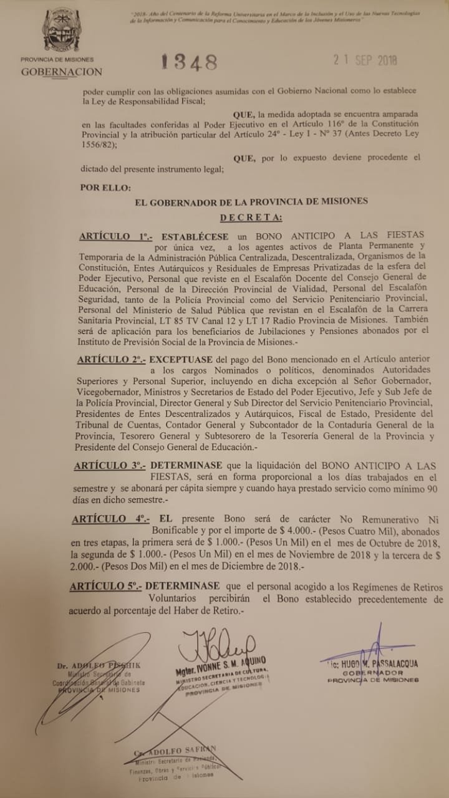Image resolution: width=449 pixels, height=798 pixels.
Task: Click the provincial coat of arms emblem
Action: (61, 29)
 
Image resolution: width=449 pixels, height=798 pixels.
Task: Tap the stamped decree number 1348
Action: (189, 62)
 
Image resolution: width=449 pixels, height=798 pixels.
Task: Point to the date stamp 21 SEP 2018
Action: (364, 60)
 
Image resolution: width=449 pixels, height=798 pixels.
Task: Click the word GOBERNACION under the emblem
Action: (61, 72)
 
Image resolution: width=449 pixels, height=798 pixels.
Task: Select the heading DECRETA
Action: (251, 217)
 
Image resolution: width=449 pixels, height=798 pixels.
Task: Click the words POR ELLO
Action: (105, 187)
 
